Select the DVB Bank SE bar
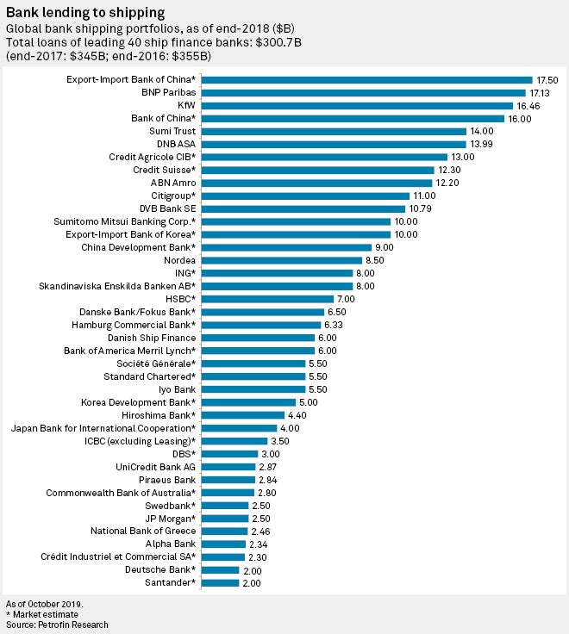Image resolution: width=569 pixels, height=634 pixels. (303, 208)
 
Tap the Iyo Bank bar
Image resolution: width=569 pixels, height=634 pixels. (253, 389)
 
